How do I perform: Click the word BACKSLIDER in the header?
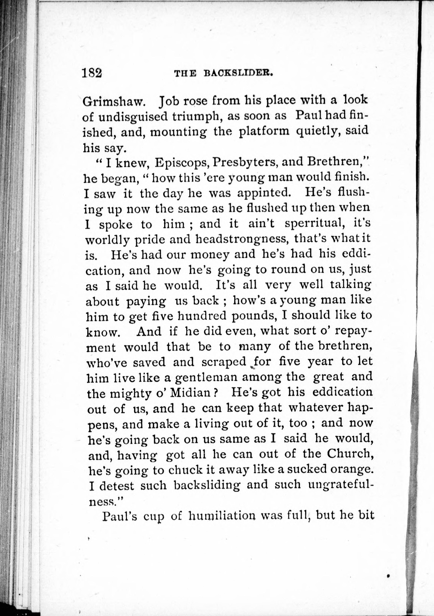tap(238, 73)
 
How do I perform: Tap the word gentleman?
tap(206, 378)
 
